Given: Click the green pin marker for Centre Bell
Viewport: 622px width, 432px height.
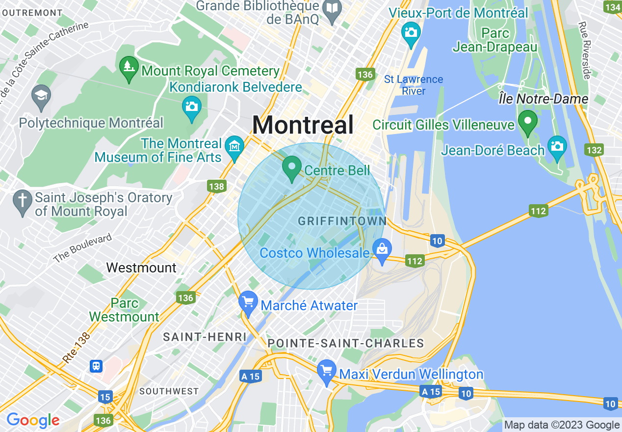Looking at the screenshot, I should [x=292, y=167].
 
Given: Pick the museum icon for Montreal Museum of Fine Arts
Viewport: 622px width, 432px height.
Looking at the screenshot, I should [x=235, y=147].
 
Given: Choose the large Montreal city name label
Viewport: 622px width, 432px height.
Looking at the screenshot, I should [x=303, y=125].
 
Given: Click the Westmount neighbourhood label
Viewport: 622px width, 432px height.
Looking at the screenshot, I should [x=141, y=268].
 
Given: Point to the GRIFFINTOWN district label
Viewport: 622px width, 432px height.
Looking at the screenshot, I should [x=342, y=221].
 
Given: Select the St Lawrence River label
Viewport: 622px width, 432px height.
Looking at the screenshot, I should [x=414, y=85].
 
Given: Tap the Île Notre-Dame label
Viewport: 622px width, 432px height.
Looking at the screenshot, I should [x=543, y=99].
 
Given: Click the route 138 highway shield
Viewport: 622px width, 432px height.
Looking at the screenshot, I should [x=216, y=187].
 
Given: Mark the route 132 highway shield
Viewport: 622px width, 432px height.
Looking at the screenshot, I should [x=594, y=150].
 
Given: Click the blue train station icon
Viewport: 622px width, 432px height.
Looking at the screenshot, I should [x=96, y=366].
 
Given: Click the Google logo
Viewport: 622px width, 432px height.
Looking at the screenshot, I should [x=33, y=421].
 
